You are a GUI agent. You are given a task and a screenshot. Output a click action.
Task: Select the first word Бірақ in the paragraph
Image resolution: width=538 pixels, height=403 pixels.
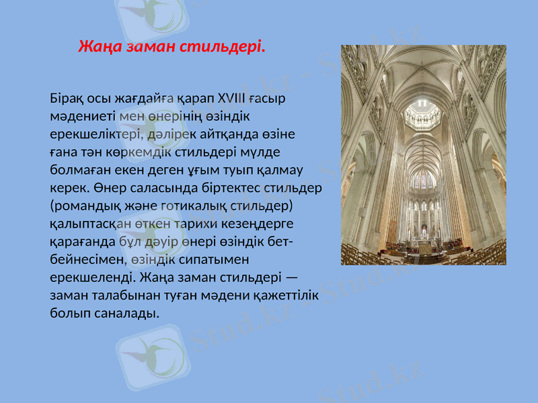coord(66,98)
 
